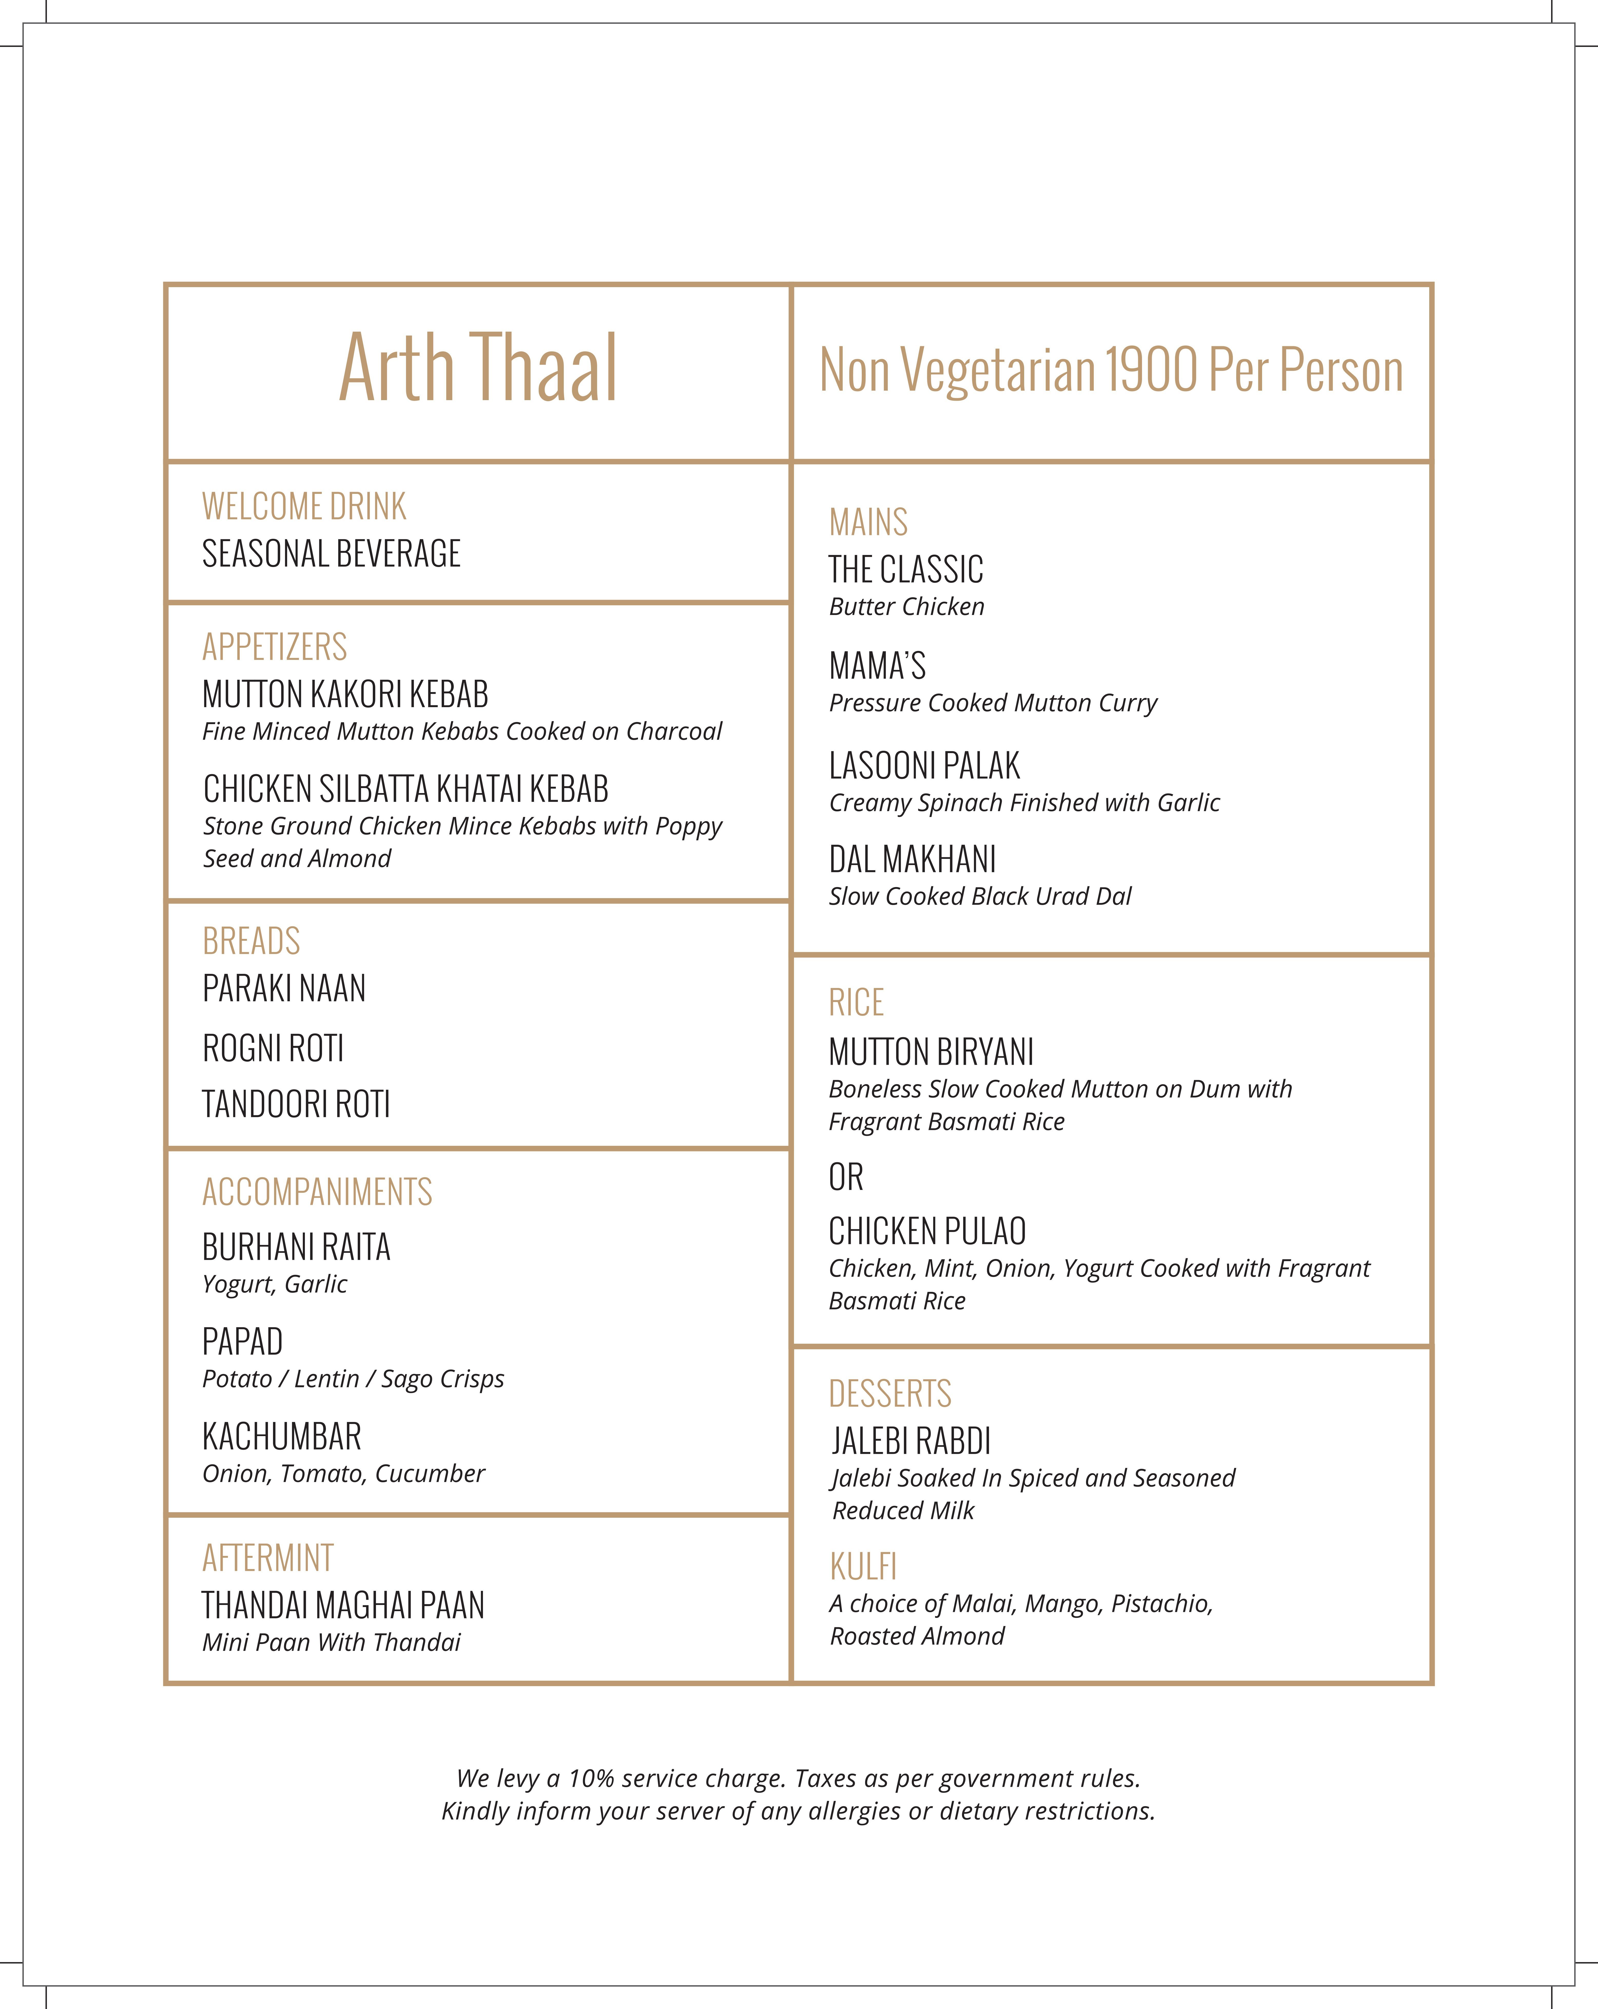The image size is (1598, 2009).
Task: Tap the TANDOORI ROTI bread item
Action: click(296, 1104)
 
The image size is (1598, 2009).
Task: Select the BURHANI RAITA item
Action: click(296, 1247)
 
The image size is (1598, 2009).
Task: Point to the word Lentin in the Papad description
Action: click(326, 1379)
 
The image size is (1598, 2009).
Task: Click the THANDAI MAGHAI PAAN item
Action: click(343, 1606)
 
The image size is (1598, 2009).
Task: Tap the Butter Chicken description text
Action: click(907, 607)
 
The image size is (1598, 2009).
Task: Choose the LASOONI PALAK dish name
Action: click(924, 766)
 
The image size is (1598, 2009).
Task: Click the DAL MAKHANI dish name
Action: click(912, 859)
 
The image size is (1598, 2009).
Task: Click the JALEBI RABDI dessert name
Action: click(911, 1441)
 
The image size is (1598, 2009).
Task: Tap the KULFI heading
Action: click(863, 1567)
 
